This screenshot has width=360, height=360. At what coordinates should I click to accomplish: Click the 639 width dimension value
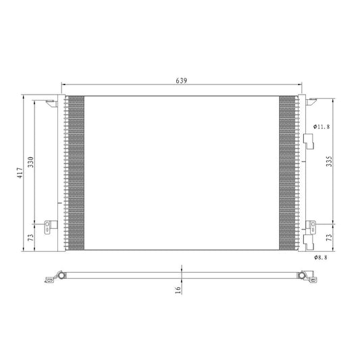click(x=182, y=80)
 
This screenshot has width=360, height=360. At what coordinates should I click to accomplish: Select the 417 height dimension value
click(x=20, y=173)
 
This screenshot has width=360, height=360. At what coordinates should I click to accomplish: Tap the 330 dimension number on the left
click(x=31, y=162)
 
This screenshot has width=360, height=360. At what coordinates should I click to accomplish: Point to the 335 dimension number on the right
click(x=329, y=161)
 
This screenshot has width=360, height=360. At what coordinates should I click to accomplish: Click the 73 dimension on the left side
click(x=31, y=238)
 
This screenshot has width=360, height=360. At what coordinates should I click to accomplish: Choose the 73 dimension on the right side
click(x=329, y=238)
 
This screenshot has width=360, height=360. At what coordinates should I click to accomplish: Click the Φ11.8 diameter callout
click(x=322, y=126)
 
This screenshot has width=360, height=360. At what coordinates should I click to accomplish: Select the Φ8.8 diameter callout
click(x=321, y=257)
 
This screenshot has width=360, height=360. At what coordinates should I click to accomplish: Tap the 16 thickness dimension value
click(x=178, y=290)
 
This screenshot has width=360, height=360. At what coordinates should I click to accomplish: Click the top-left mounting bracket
click(x=51, y=103)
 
